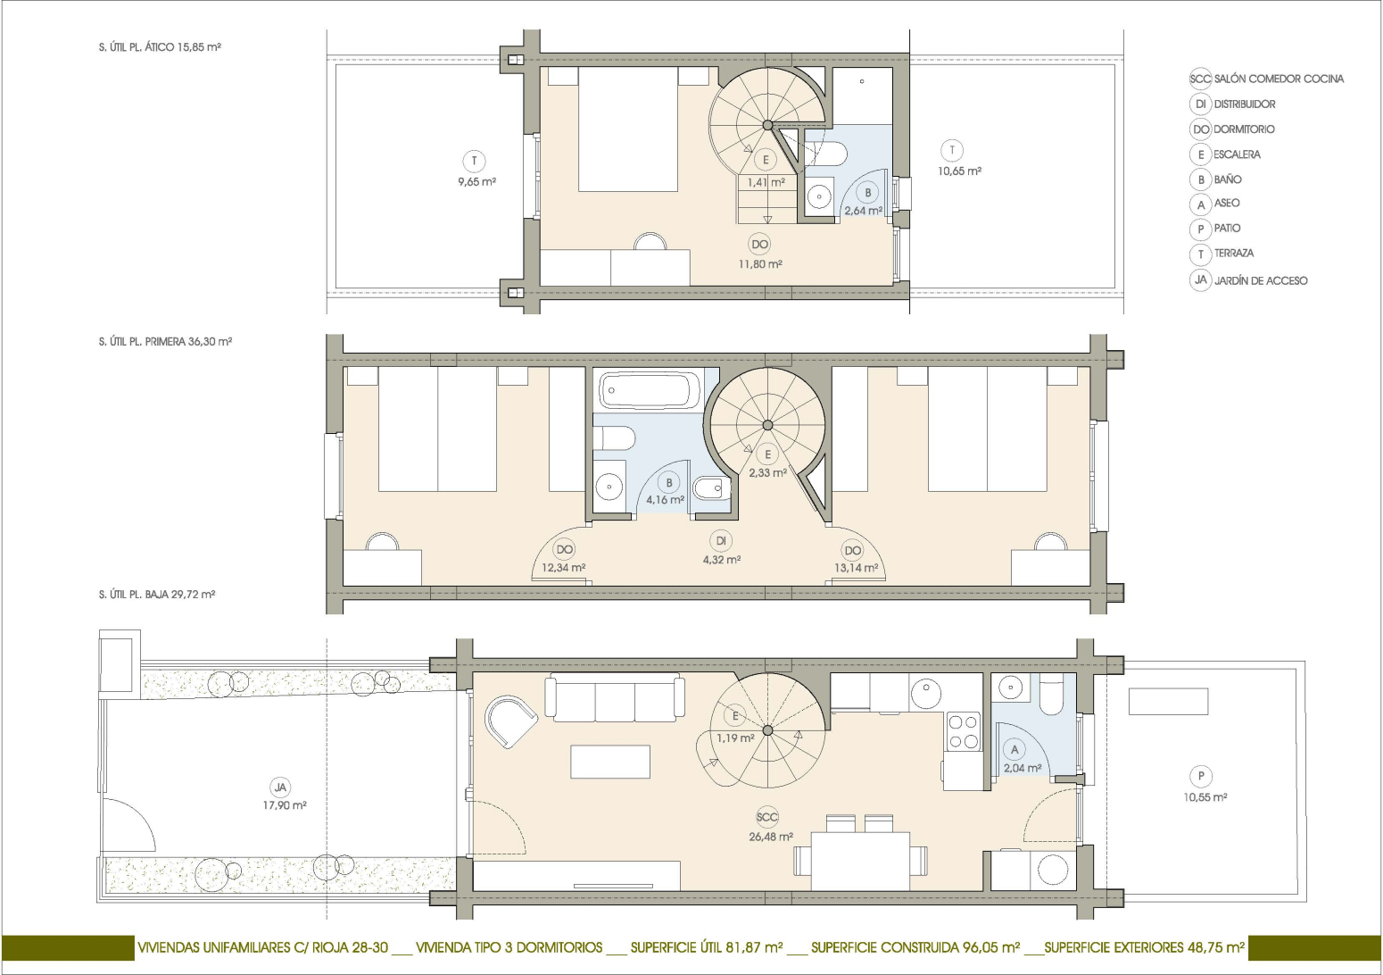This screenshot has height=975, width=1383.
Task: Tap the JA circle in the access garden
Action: [281, 787]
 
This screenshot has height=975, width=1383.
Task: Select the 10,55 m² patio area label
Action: [1205, 797]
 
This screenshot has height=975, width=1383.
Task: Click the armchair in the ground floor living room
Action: [511, 721]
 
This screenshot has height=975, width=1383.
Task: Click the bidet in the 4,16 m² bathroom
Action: [712, 488]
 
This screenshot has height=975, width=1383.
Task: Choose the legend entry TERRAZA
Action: [1234, 253]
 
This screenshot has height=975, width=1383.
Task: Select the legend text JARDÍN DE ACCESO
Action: [1261, 280]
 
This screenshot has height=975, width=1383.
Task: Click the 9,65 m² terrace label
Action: [476, 182]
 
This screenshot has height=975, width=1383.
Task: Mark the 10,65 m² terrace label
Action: [959, 171]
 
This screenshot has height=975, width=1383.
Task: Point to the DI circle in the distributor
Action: [721, 541]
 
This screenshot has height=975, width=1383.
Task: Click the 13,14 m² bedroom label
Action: [856, 567]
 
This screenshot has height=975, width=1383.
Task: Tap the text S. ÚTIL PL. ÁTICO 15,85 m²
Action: [160, 47]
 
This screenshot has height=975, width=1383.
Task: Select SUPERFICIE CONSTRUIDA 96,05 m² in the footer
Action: [915, 947]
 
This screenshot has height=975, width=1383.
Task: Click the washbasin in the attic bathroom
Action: [820, 196]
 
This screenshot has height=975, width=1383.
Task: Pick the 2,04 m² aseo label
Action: [1022, 769]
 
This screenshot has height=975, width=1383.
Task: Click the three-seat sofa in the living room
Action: [615, 698]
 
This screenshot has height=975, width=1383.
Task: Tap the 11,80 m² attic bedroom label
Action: [760, 264]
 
